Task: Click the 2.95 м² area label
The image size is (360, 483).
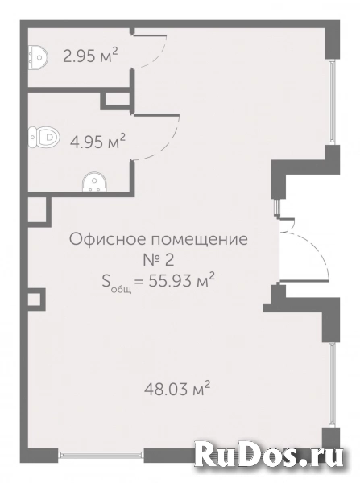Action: point(90,56)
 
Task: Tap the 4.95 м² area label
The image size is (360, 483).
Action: point(97,142)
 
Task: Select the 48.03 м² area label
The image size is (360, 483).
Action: point(177,388)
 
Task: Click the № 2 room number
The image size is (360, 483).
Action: point(159,260)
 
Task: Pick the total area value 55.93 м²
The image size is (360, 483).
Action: point(182,280)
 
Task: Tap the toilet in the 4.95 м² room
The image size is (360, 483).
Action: point(43,137)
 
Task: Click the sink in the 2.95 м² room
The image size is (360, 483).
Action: point(38,57)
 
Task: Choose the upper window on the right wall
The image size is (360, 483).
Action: point(331,101)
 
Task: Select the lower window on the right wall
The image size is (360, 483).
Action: point(331,385)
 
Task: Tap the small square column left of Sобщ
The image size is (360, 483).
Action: point(35,299)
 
